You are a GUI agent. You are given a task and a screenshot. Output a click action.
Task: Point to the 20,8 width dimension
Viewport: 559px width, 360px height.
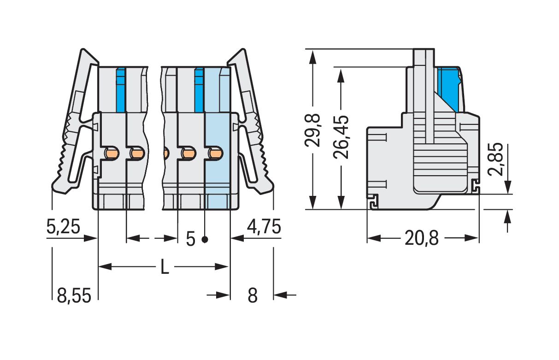(x=422, y=239)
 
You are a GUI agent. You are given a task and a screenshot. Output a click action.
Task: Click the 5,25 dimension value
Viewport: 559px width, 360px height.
(x=64, y=227)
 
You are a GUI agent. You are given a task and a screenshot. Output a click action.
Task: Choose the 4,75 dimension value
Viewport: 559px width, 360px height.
(x=264, y=227)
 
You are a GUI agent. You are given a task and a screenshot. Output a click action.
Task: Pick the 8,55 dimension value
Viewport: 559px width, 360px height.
(x=74, y=295)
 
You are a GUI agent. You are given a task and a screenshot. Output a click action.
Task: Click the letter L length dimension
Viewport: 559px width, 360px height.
(x=164, y=267)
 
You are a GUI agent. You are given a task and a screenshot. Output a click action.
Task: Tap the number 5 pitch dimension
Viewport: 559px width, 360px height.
(x=190, y=239)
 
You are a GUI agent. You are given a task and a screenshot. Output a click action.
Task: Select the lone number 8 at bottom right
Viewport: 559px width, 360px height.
(x=252, y=295)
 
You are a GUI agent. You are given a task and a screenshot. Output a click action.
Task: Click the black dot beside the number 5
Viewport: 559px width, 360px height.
(x=205, y=239)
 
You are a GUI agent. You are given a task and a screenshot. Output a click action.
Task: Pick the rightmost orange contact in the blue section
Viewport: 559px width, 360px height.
(x=214, y=153)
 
